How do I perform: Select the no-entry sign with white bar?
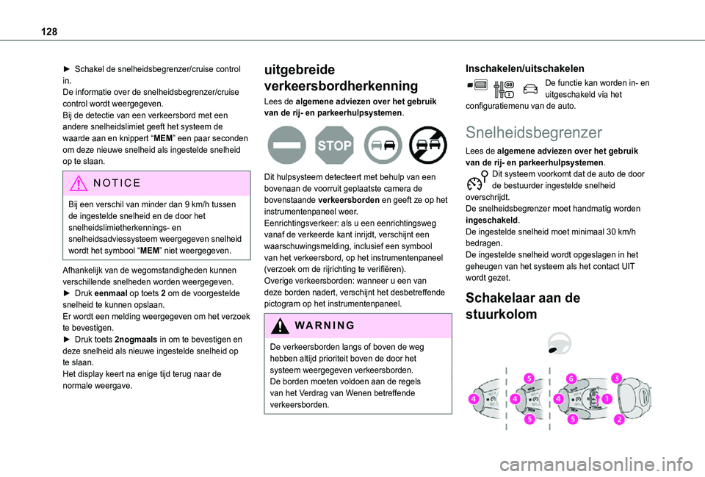pyautogui.click(x=286, y=145)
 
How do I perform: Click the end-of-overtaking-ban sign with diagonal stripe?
pyautogui.click(x=428, y=145)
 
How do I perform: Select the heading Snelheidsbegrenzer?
pyautogui.click(x=534, y=133)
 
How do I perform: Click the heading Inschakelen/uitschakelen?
pyautogui.click(x=525, y=68)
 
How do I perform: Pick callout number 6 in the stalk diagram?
pyautogui.click(x=571, y=378)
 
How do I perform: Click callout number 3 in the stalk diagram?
pyautogui.click(x=617, y=378)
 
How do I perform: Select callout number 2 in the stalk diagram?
pyautogui.click(x=618, y=420)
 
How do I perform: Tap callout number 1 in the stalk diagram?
pyautogui.click(x=607, y=399)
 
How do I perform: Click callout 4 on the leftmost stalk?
pyautogui.click(x=474, y=399)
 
